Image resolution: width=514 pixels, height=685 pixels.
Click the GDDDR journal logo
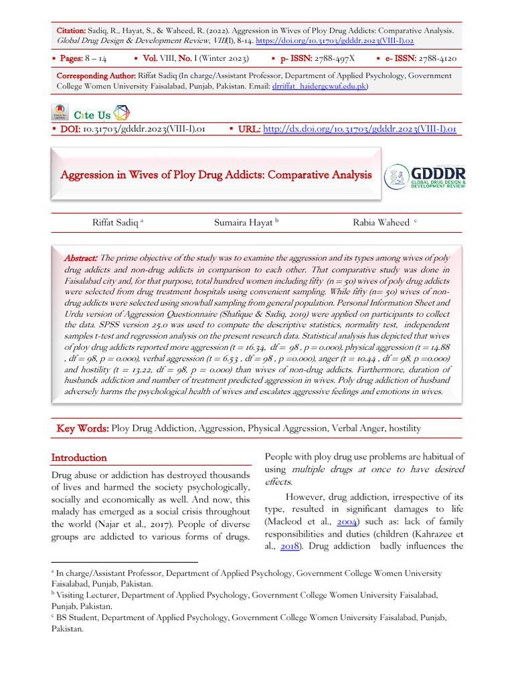(x=426, y=177)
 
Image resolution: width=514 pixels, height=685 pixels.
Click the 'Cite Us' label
(x=92, y=115)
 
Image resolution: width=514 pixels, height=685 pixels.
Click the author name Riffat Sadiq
(x=116, y=222)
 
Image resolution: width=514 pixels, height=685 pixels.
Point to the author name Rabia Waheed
(x=381, y=222)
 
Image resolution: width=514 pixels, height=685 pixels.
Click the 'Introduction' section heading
(x=79, y=458)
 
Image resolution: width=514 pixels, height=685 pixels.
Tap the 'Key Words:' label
(x=82, y=428)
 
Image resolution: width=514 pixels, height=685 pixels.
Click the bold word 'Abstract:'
(x=81, y=258)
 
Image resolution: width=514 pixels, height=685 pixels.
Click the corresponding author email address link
(x=319, y=87)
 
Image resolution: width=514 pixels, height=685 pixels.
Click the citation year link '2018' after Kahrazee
(x=289, y=547)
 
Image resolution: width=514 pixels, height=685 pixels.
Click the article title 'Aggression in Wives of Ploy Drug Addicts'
(x=216, y=175)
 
